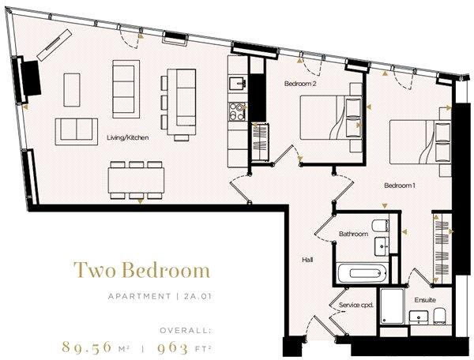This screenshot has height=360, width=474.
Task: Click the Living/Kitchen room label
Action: [128, 137]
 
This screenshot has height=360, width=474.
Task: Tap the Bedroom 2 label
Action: [301, 83]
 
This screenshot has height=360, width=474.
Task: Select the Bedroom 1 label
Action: [400, 186]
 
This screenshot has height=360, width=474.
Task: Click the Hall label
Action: [308, 258]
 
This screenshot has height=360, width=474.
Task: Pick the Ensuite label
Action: [425, 301]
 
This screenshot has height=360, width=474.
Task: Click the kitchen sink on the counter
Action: [235, 83]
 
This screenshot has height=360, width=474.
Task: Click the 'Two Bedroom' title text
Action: [142, 271]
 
